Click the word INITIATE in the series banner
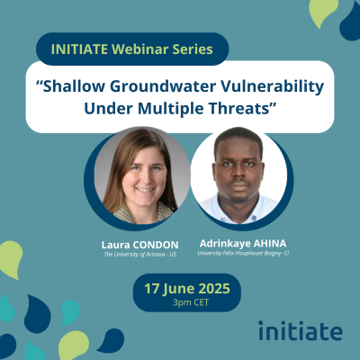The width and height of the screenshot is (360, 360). (x=79, y=49)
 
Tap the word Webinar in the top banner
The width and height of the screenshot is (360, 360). (x=140, y=49)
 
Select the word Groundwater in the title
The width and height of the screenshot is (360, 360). (x=163, y=86)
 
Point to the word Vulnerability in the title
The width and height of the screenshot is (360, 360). (x=273, y=87)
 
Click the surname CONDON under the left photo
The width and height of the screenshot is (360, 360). (x=156, y=245)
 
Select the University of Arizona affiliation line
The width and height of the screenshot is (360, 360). (x=140, y=255)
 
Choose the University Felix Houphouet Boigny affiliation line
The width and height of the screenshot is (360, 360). (x=243, y=253)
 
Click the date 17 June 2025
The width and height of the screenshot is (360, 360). (x=187, y=289)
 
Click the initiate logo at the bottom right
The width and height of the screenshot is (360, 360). (x=301, y=330)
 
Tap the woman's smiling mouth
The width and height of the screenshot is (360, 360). (x=145, y=190)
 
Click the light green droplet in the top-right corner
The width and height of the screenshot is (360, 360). (x=322, y=12)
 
